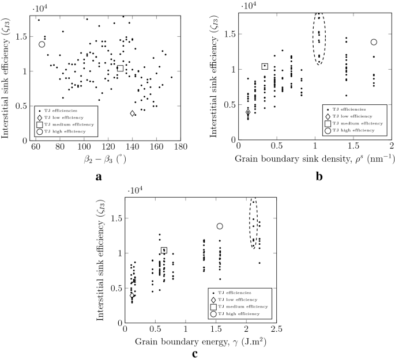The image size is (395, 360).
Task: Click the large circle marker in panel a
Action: (42, 44)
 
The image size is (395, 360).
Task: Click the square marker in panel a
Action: (121, 68)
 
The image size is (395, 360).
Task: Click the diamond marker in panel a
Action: (133, 113)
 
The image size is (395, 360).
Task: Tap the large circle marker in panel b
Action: (374, 42)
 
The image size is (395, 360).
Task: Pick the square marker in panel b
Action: (265, 66)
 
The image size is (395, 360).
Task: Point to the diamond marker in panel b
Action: (248, 112)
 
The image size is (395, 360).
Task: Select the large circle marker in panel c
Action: (220, 226)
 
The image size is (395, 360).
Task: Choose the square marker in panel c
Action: (164, 250)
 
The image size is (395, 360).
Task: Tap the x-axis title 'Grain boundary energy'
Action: (200, 342)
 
